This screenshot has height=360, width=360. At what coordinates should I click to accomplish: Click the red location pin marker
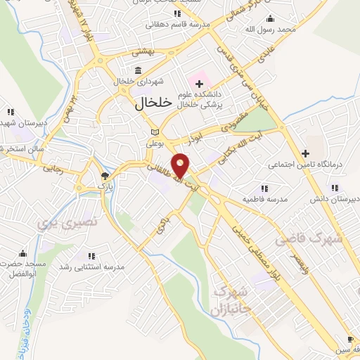pos(182,166)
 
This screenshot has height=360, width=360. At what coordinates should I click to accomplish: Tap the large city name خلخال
pos(153,103)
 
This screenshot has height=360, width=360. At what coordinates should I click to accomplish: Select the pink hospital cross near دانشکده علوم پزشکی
pos(200,84)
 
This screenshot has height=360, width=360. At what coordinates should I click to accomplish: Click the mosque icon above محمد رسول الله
pos(272,18)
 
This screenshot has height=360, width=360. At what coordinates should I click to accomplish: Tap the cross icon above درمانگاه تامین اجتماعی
pos(305,153)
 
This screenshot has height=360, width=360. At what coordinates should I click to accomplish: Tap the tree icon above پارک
pos(104,176)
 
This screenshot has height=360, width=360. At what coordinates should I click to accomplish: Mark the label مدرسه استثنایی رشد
pos(91,267)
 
